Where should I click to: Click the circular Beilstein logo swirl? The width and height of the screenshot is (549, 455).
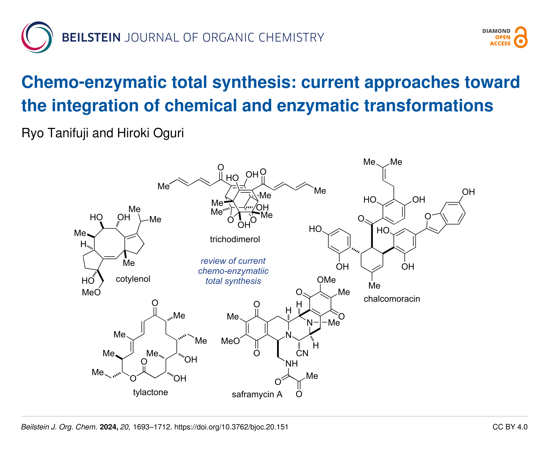coord(37,37)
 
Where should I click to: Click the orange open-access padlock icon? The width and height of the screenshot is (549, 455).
coord(520,37)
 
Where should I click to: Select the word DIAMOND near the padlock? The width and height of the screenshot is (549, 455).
coord(496,31)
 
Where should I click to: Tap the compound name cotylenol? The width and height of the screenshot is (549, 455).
coord(133,279)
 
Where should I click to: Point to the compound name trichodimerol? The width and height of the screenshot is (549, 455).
coord(235,239)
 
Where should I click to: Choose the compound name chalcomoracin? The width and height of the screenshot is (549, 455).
coord(392,299)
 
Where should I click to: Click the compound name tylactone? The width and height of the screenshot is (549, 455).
coord(150,392)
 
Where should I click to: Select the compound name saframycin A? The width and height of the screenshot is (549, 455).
coord(257,394)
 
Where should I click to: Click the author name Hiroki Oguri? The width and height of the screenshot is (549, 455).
coord(150,133)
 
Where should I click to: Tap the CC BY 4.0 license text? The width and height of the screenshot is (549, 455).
coord(510,427)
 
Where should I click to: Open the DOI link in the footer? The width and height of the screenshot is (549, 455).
coord(231,427)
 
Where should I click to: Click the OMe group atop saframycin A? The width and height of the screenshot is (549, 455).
coord(326,280)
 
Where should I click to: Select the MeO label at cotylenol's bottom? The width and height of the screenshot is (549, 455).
coord(91,292)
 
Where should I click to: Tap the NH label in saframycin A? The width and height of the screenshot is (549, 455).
coord(291,364)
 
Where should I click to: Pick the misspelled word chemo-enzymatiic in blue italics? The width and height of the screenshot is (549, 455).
coord(233,271)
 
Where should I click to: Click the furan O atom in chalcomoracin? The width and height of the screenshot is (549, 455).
coord(428,216)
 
